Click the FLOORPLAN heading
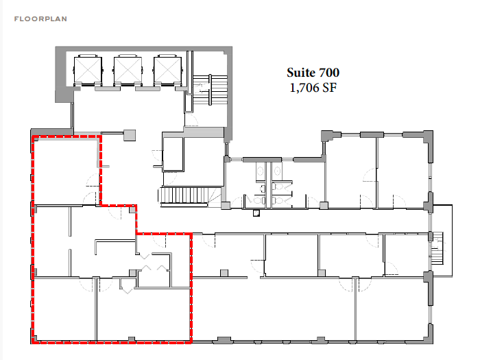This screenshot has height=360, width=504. coord(40,19)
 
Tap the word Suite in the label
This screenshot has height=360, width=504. coord(300,73)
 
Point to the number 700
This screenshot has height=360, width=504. coord(328,73)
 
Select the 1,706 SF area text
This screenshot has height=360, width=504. coord(313,88)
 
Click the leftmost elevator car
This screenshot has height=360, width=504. coord(88,70)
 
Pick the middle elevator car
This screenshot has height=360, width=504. coord(128,70)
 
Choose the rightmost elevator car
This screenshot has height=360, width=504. coord(168,70)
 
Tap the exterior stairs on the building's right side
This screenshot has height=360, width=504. coord(437,248)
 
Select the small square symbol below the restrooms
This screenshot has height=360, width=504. coord(256,213)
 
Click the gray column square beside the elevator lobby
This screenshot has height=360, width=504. coord(130,135)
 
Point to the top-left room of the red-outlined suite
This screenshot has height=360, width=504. coord(66,171)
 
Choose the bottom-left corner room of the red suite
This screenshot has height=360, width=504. coord(64,309)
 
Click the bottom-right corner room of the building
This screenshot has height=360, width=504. coord(392,309)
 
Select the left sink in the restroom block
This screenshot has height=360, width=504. coord(260,171)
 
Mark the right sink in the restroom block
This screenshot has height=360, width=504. coord(278,171)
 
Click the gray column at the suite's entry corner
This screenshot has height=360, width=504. coord(132,210)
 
